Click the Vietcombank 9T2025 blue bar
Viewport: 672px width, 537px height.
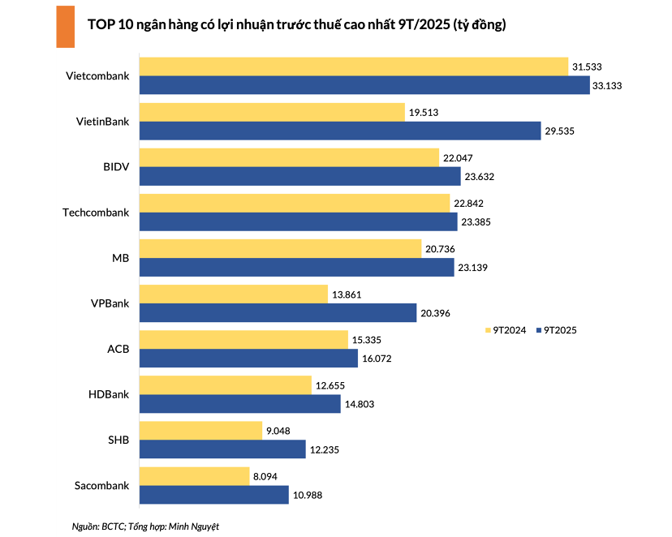click(364, 85)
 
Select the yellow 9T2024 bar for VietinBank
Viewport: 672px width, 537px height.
click(272, 112)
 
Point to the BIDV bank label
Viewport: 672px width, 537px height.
click(117, 167)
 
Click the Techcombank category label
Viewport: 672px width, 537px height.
click(96, 213)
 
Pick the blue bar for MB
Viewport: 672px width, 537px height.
click(296, 267)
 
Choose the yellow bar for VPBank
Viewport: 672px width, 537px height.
click(233, 294)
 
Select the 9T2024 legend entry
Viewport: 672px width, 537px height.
click(506, 330)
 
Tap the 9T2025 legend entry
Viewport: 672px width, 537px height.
click(556, 330)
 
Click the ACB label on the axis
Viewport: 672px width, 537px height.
click(118, 349)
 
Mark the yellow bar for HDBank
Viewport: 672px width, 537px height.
click(226, 384)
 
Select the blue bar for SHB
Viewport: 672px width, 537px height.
click(222, 449)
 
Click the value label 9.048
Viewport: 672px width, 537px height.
click(280, 430)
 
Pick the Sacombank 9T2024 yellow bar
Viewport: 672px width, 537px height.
click(194, 475)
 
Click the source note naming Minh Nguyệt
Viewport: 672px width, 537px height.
click(145, 526)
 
